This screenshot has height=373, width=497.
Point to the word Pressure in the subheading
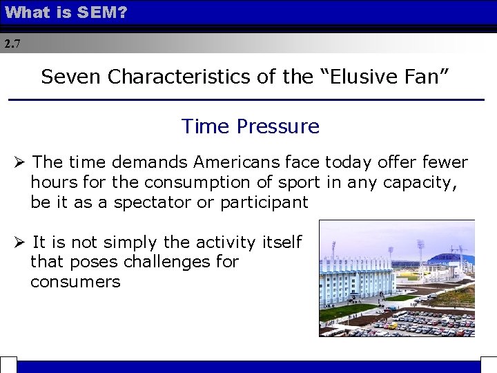pos(278,126)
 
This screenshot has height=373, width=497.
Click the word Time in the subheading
pos(206,126)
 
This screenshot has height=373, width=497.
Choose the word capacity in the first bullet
pos(433,182)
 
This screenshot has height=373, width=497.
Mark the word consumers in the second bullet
pos(75,282)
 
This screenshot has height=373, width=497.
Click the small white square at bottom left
pos(8,365)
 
